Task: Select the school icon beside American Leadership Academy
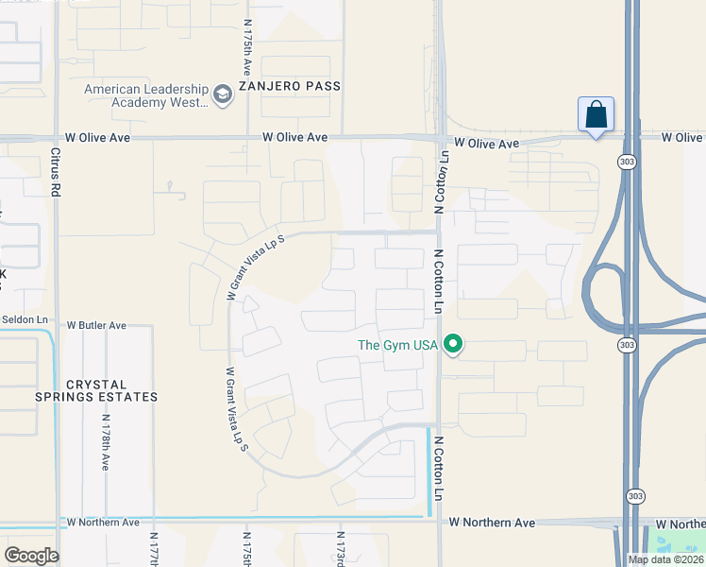223,94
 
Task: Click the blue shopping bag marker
596,115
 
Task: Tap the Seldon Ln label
25,319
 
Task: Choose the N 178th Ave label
105,443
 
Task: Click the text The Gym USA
397,344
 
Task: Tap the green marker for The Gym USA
454,344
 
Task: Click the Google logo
31,555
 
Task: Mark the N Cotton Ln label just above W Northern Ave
439,474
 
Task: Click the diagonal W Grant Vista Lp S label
254,269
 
